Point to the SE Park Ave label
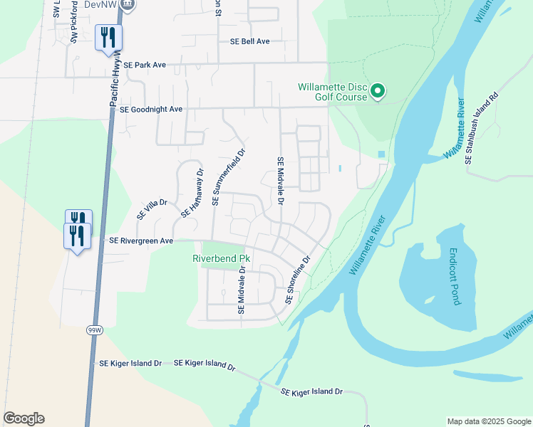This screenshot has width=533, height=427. point(144,65)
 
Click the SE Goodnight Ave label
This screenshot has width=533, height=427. point(151,110)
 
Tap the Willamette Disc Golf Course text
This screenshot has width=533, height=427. point(332,93)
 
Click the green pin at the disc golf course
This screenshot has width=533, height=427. point(378,92)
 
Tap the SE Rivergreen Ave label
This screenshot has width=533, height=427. point(140,241)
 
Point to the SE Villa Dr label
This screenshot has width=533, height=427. point(151,209)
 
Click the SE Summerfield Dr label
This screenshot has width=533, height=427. point(228,177)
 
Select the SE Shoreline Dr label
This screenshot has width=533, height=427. point(299,280)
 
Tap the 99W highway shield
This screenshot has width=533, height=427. point(94,330)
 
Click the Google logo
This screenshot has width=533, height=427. point(24,418)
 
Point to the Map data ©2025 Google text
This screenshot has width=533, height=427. point(488,421)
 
